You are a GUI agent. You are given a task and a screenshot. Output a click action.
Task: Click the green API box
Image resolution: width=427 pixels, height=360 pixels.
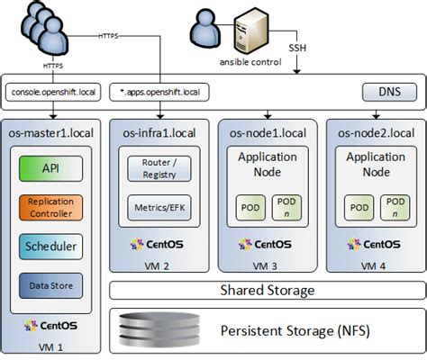(50, 168)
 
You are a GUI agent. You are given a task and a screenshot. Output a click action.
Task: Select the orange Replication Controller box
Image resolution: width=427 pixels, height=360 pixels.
(50, 208)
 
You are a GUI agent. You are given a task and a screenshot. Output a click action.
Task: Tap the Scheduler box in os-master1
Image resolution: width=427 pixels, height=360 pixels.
(50, 247)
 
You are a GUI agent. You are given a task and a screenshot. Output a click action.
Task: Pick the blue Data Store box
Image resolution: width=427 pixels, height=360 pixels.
(50, 286)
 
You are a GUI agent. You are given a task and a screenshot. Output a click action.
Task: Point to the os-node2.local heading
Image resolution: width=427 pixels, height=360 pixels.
(376, 133)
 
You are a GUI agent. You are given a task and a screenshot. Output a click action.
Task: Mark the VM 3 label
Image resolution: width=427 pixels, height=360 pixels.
(266, 266)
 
